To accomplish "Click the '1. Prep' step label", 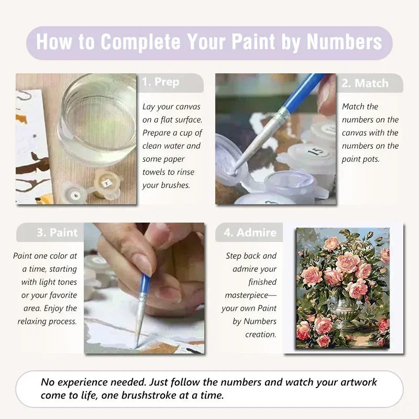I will [160, 82].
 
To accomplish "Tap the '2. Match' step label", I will [365, 83].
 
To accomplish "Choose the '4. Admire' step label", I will [249, 233].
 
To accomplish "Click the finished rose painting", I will [343, 288].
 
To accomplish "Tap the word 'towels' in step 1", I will [157, 172].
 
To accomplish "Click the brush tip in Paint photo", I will [137, 343].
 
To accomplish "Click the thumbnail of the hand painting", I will [144, 288].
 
